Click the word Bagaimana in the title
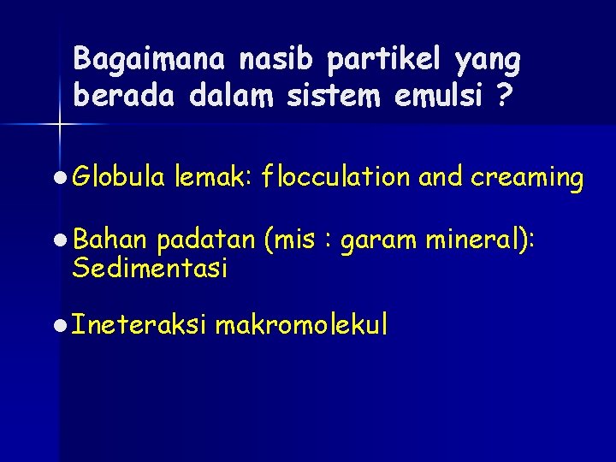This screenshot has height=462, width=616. (x=151, y=59)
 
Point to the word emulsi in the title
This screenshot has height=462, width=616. (x=439, y=97)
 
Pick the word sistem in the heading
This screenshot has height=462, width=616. (x=342, y=97)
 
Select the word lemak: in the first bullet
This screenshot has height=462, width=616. (x=210, y=177)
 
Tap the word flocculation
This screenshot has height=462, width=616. (x=337, y=177)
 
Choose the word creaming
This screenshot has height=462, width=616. (x=527, y=177)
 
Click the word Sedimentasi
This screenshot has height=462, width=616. (x=150, y=269)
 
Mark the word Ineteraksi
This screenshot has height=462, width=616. (x=139, y=324)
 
